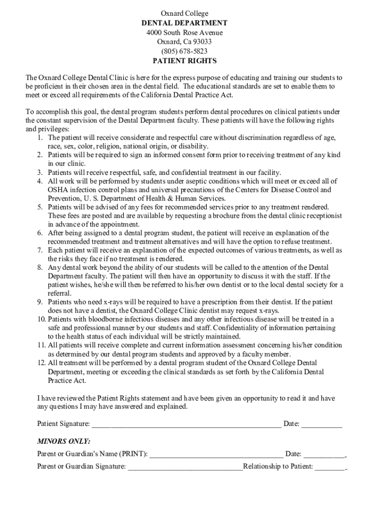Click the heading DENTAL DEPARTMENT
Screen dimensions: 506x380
[184, 23]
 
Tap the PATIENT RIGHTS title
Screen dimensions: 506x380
[184, 61]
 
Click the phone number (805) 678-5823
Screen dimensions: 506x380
[184, 51]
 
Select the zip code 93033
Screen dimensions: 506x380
[201, 42]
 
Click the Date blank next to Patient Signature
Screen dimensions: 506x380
[321, 424]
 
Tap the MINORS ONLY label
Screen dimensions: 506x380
[64, 441]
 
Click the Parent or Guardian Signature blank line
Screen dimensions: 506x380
[185, 466]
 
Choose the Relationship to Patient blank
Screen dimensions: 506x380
[330, 466]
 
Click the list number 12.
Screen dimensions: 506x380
[41, 363]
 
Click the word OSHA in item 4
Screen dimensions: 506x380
[58, 190]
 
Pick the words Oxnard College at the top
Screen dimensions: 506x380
[184, 13]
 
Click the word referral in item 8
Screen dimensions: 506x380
[59, 293]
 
